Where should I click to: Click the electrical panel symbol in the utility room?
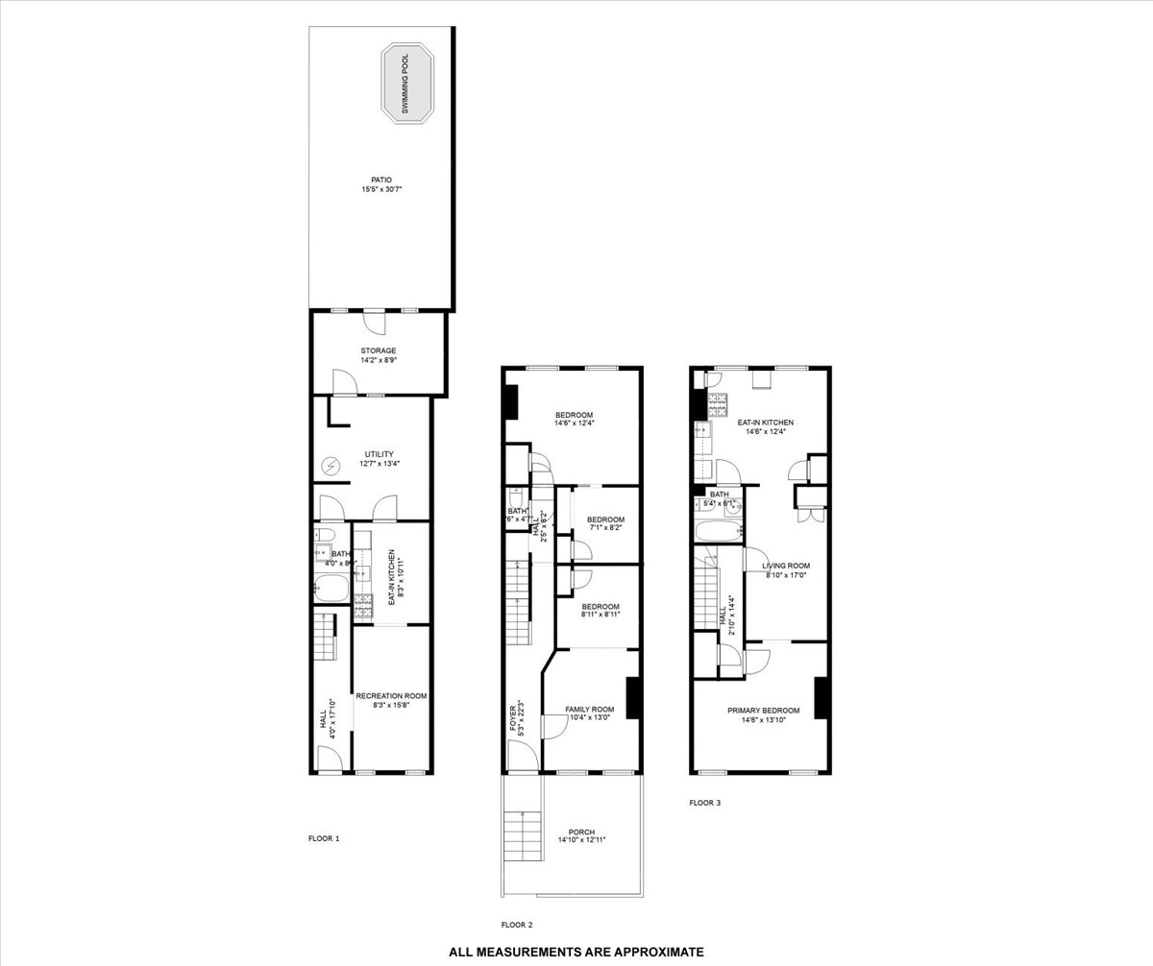point(331,467)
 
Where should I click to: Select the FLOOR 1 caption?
point(324,838)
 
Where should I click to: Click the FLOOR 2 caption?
point(516,925)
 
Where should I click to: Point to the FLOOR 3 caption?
point(705,803)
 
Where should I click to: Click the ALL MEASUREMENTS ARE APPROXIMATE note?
point(576,952)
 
